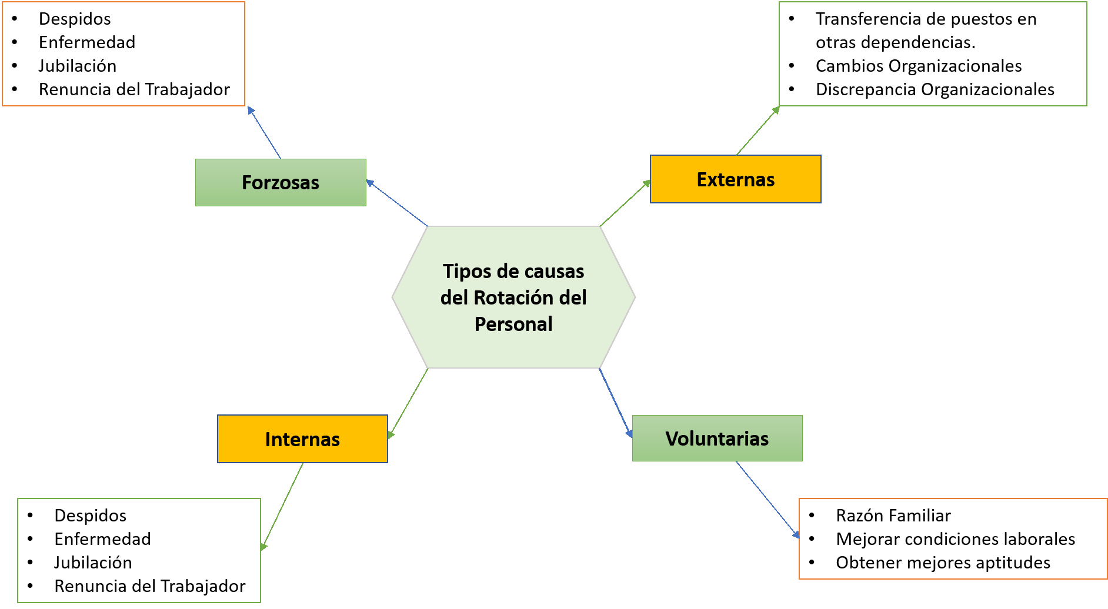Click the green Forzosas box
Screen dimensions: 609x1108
coord(281,182)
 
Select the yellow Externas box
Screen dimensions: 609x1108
coord(735,179)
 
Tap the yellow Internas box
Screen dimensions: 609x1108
coord(302,439)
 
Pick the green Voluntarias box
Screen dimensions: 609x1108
coord(717,439)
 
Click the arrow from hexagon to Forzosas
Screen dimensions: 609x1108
coord(397,203)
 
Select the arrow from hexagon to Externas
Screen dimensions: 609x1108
coord(625,203)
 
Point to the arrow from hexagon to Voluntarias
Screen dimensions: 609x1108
coord(616,403)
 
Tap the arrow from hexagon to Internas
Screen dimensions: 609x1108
coord(408,403)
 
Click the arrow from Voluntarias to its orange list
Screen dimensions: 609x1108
coord(767,500)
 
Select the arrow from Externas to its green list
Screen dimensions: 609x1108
coord(758,131)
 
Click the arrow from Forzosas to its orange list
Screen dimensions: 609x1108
coord(265,133)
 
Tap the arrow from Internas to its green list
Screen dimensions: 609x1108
coord(282,506)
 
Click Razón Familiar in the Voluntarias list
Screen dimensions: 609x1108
coord(893,516)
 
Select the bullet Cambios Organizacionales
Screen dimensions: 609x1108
coord(918,66)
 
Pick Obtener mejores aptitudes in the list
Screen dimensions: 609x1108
coord(943,563)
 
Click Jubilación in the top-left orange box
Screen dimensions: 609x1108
coord(78,66)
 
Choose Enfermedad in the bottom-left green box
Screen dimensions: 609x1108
coord(102,539)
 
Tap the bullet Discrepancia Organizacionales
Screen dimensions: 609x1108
coord(935,89)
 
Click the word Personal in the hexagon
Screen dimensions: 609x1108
coord(513,324)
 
